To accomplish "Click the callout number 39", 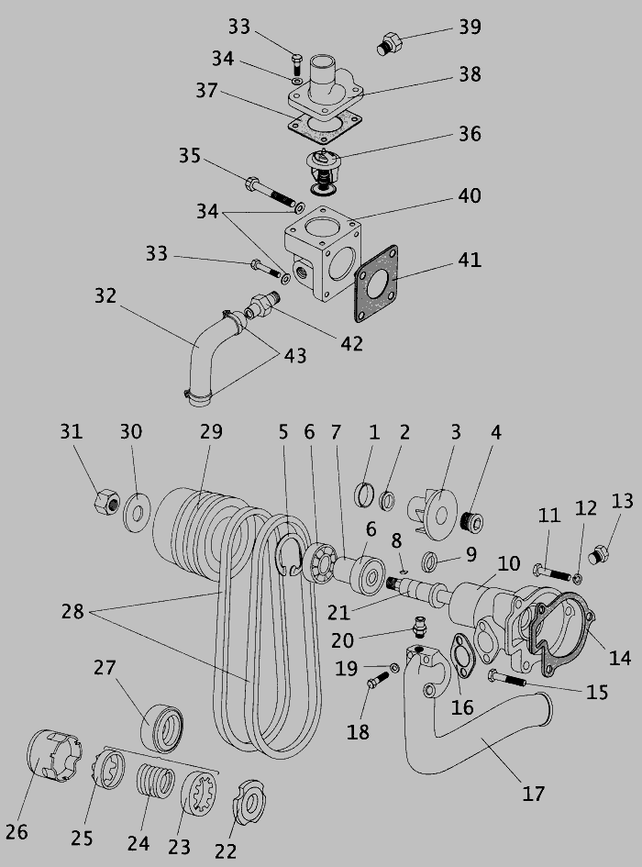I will pos(470,27).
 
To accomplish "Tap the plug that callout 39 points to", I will pos(389,43).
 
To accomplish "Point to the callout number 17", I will pos(533,793).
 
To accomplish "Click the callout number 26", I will pos(17,831).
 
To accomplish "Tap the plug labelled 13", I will pos(601,554).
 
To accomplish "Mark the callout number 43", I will pos(295,354).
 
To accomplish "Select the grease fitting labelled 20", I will pos(419,629).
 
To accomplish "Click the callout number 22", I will pos(226,851).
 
